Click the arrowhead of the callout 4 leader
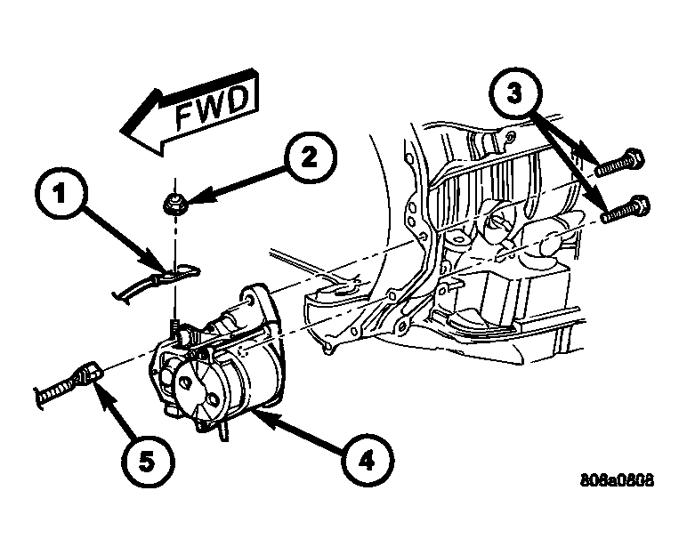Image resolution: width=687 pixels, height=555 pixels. pos(252,411)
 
